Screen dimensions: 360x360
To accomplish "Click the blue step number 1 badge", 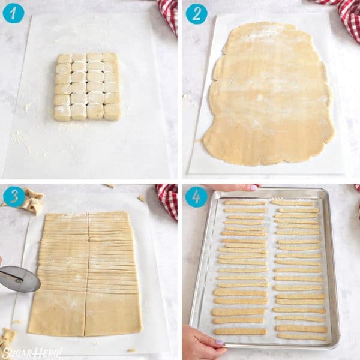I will pyautogui.click(x=13, y=13).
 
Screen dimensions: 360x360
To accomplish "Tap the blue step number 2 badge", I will pyautogui.click(x=196, y=13).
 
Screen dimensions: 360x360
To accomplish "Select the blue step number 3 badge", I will pyautogui.click(x=13, y=196).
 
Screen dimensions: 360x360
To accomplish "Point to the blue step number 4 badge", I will pyautogui.click(x=196, y=196).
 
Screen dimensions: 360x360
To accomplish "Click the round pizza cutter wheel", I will pyautogui.click(x=20, y=278).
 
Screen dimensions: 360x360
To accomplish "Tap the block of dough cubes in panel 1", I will pyautogui.click(x=87, y=86).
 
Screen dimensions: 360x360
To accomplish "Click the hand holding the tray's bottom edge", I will pyautogui.click(x=201, y=345).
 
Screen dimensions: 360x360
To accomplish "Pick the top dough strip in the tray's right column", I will pyautogui.click(x=292, y=203).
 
